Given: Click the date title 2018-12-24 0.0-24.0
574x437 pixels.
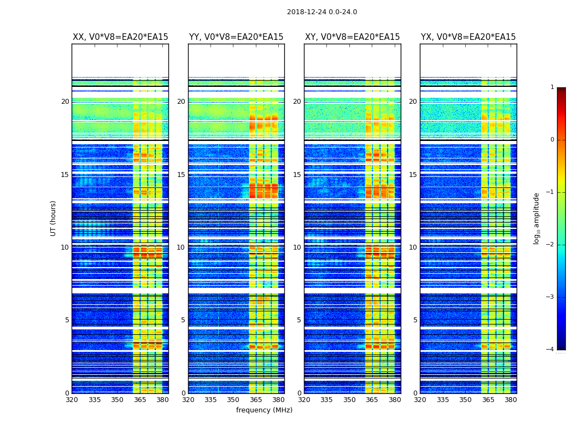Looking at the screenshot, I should tap(322, 12).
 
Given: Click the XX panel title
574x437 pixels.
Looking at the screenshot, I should tap(120, 37).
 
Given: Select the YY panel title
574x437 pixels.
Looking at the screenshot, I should tap(236, 37).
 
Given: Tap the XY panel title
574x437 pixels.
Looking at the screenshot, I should tap(352, 37).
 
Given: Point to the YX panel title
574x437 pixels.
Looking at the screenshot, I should tap(468, 37).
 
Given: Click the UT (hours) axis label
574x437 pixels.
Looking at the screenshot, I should tap(54, 218).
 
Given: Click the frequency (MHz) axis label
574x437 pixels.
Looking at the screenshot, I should tap(264, 410).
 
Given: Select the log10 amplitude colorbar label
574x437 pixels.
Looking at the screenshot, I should tap(536, 218).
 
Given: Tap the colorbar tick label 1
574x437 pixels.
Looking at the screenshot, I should tap(552, 87).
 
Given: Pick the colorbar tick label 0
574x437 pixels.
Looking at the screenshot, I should tap(552, 140).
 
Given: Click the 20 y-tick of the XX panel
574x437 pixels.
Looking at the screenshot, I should tap(65, 102).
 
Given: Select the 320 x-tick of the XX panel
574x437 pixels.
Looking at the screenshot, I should tap(72, 400).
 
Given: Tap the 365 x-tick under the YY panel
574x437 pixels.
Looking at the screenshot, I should tap(256, 400).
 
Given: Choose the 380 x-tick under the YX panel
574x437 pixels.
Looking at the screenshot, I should tap(511, 400).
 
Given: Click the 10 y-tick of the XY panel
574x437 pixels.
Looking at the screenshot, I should tap(297, 247).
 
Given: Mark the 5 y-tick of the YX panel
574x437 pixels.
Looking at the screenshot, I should tap(415, 320).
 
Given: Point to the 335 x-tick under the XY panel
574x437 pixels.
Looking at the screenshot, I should tap(326, 400).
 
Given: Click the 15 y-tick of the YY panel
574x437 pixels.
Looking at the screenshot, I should tap(181, 175).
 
